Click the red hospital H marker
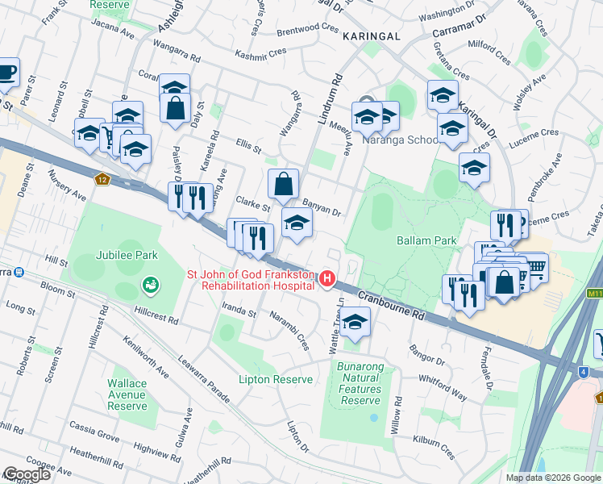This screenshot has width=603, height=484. pyautogui.click(x=327, y=279)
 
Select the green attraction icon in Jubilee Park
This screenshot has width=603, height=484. pyautogui.click(x=149, y=285)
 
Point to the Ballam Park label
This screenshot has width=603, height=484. pyautogui.click(x=426, y=240)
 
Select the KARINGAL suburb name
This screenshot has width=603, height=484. pyautogui.click(x=371, y=36)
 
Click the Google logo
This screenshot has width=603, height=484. pyautogui.click(x=26, y=474)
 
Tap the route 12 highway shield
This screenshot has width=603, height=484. pyautogui.click(x=101, y=179)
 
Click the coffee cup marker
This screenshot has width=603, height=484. pyautogui.click(x=6, y=72)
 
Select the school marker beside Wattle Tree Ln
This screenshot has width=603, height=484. pyautogui.click(x=352, y=323)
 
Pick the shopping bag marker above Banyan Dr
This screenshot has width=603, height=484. pyautogui.click(x=283, y=184)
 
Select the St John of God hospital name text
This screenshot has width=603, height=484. pyautogui.click(x=250, y=280)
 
